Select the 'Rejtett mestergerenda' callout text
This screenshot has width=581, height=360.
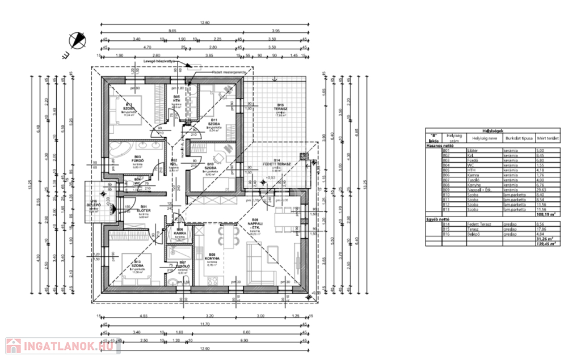coord(225,73)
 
